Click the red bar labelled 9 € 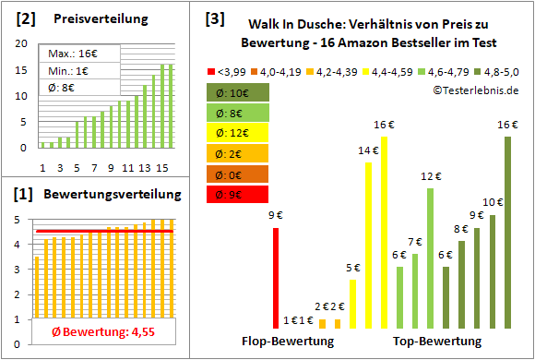click(275, 277)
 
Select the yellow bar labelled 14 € click(369, 245)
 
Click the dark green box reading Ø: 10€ click(238, 93)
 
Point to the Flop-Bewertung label click(288, 342)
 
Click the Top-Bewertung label click(437, 342)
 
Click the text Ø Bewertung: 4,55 click(96, 333)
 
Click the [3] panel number click(214, 18)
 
